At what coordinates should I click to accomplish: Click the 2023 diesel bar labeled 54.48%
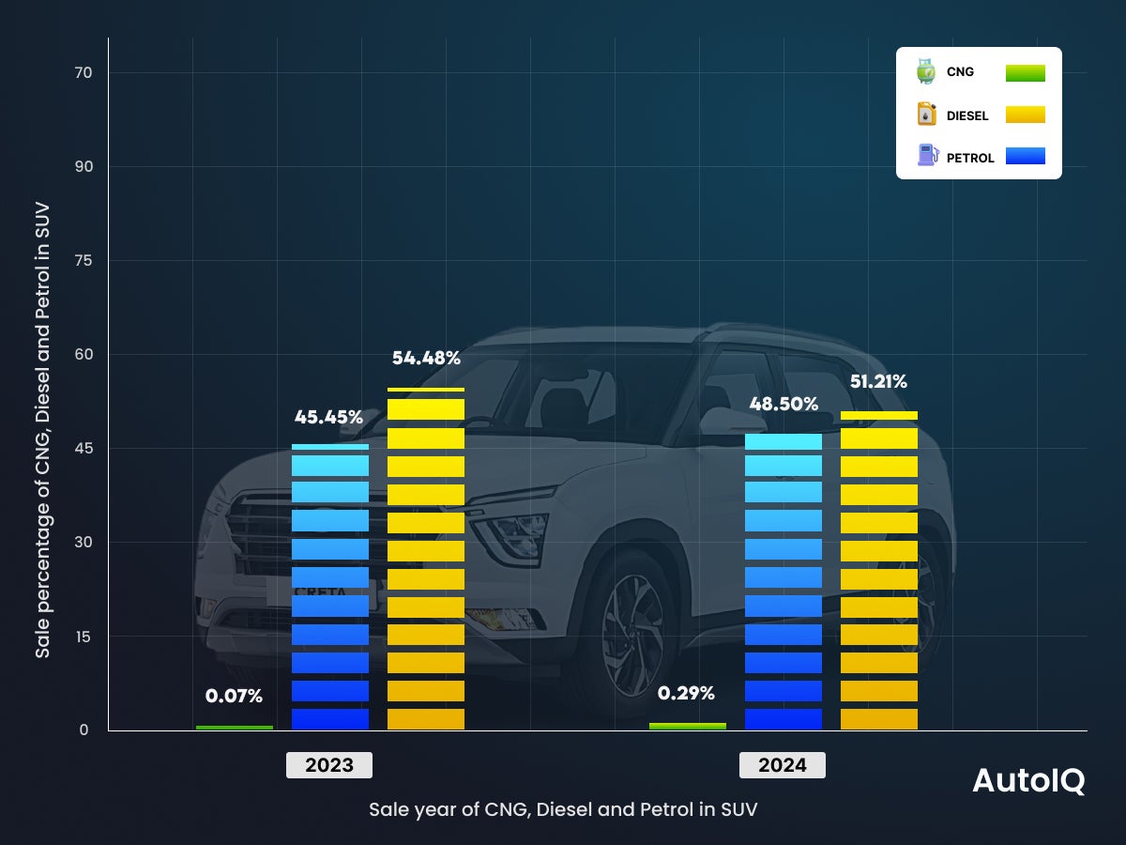pyautogui.click(x=425, y=563)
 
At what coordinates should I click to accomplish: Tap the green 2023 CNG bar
pyautogui.click(x=235, y=727)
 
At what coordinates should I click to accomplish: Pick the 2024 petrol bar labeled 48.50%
pyautogui.click(x=783, y=582)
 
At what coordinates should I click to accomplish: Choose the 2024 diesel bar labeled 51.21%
pyautogui.click(x=878, y=573)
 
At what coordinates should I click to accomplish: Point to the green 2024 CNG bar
pyautogui.click(x=687, y=726)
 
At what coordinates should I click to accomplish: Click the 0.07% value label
pyautogui.click(x=234, y=697)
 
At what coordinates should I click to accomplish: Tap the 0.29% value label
pyautogui.click(x=686, y=694)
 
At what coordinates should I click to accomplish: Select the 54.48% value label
pyautogui.click(x=426, y=358)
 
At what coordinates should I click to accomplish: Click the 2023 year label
pyautogui.click(x=329, y=765)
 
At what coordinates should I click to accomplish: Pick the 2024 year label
pyautogui.click(x=783, y=765)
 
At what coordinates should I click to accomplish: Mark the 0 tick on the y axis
pyautogui.click(x=84, y=730)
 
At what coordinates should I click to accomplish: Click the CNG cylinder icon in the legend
pyautogui.click(x=926, y=71)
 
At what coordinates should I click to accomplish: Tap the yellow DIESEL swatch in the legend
pyautogui.click(x=1025, y=115)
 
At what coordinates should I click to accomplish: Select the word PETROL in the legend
pyautogui.click(x=970, y=158)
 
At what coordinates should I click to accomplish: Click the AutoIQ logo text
pyautogui.click(x=1028, y=780)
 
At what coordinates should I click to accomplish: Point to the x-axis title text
pyautogui.click(x=563, y=809)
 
